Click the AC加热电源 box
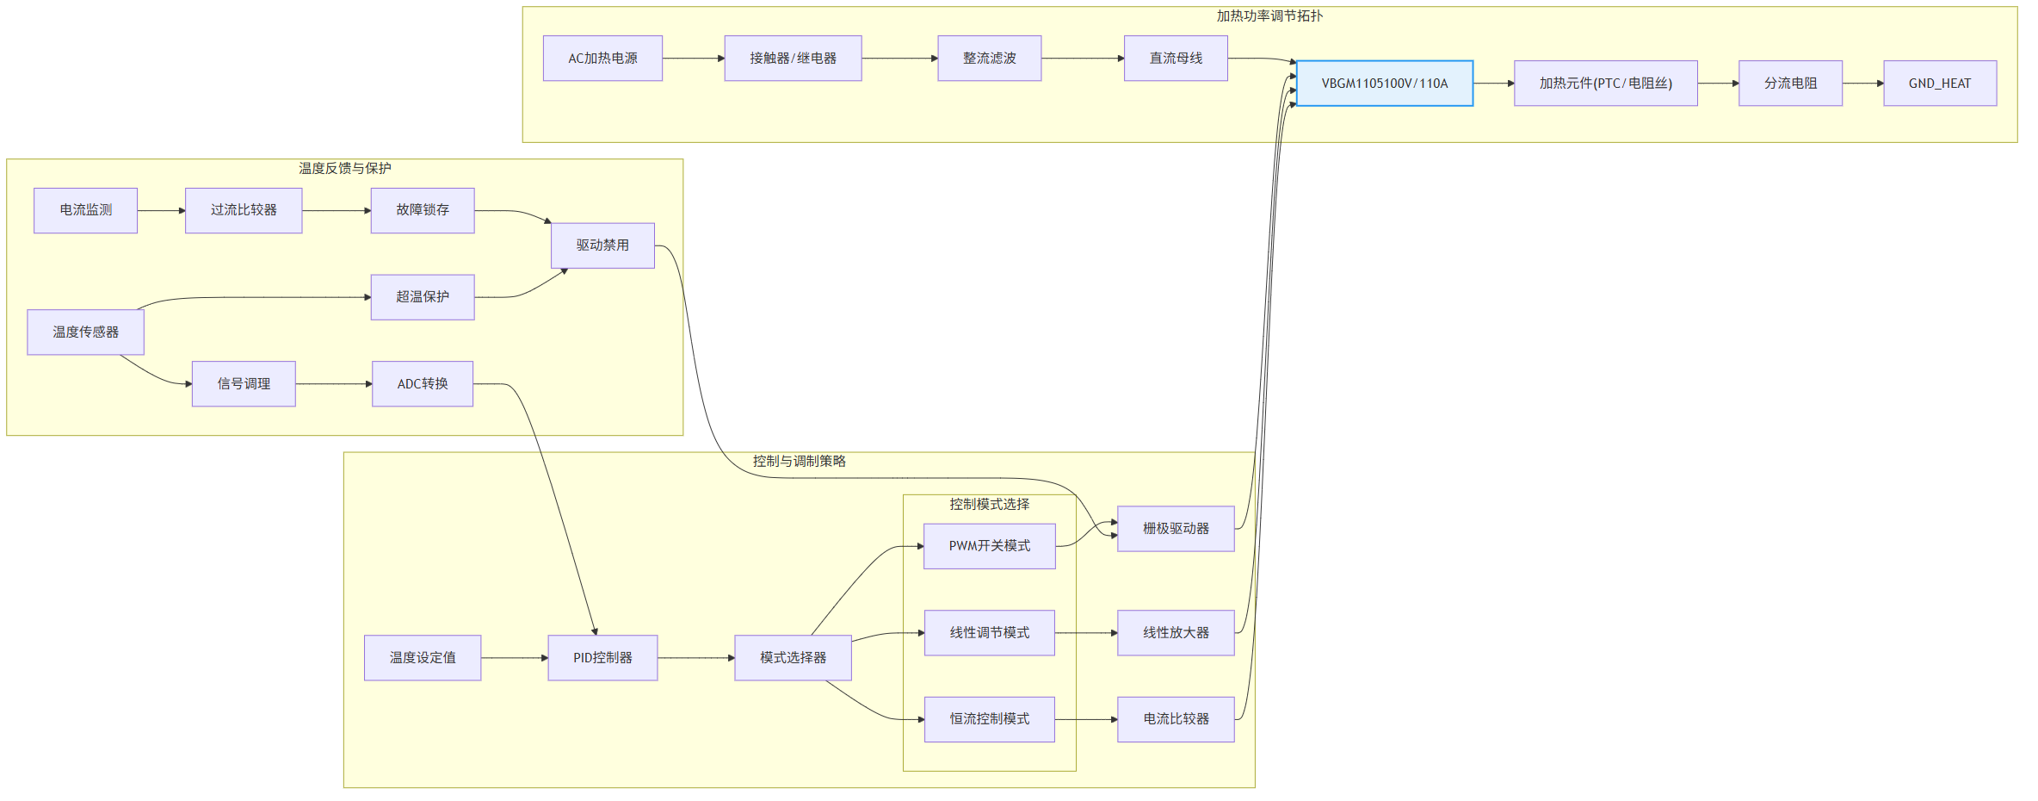602,59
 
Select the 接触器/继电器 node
793,59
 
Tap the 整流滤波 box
989,59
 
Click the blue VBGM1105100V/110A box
1385,84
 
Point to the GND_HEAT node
1940,84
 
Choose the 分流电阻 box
1790,84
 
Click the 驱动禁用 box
602,245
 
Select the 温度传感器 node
85,332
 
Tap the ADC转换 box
423,384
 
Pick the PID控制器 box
602,658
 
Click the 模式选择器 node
793,658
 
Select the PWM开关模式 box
990,546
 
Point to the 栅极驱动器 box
1176,529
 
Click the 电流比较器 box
1176,719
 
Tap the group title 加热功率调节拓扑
1269,16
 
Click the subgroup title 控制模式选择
990,505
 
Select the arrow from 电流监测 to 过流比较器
162,211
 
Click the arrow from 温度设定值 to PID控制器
515,658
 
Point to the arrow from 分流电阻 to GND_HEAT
1863,84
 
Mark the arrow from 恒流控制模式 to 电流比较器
1086,719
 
